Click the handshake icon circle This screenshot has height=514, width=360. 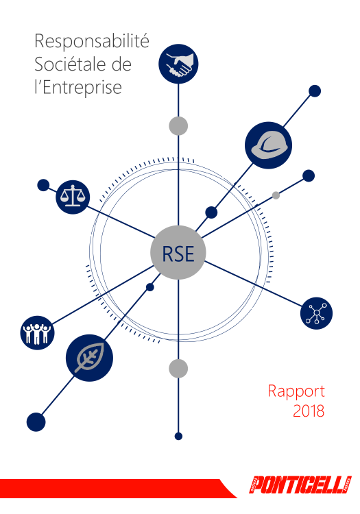click(x=178, y=64)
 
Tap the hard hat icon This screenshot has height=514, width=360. click(x=268, y=145)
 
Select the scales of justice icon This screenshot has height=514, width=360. click(x=73, y=197)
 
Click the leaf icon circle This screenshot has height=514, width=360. click(x=89, y=358)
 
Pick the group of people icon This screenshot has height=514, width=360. click(x=37, y=332)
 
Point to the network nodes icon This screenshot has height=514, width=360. click(x=316, y=313)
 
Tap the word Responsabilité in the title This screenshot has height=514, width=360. click(x=92, y=42)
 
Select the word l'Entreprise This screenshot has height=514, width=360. click(x=78, y=87)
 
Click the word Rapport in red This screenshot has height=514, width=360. click(x=296, y=392)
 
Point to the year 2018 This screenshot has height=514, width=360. click(x=309, y=411)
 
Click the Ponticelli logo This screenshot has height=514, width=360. click(x=300, y=485)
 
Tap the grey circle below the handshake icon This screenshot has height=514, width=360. click(x=178, y=125)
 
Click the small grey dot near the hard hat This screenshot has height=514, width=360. click(x=276, y=195)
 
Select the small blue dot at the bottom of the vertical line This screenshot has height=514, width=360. click(x=178, y=437)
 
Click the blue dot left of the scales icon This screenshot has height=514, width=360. click(x=43, y=185)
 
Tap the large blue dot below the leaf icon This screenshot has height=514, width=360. click(x=36, y=422)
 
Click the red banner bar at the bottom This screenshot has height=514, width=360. click(x=118, y=489)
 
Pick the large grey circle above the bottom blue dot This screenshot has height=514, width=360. click(x=178, y=369)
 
